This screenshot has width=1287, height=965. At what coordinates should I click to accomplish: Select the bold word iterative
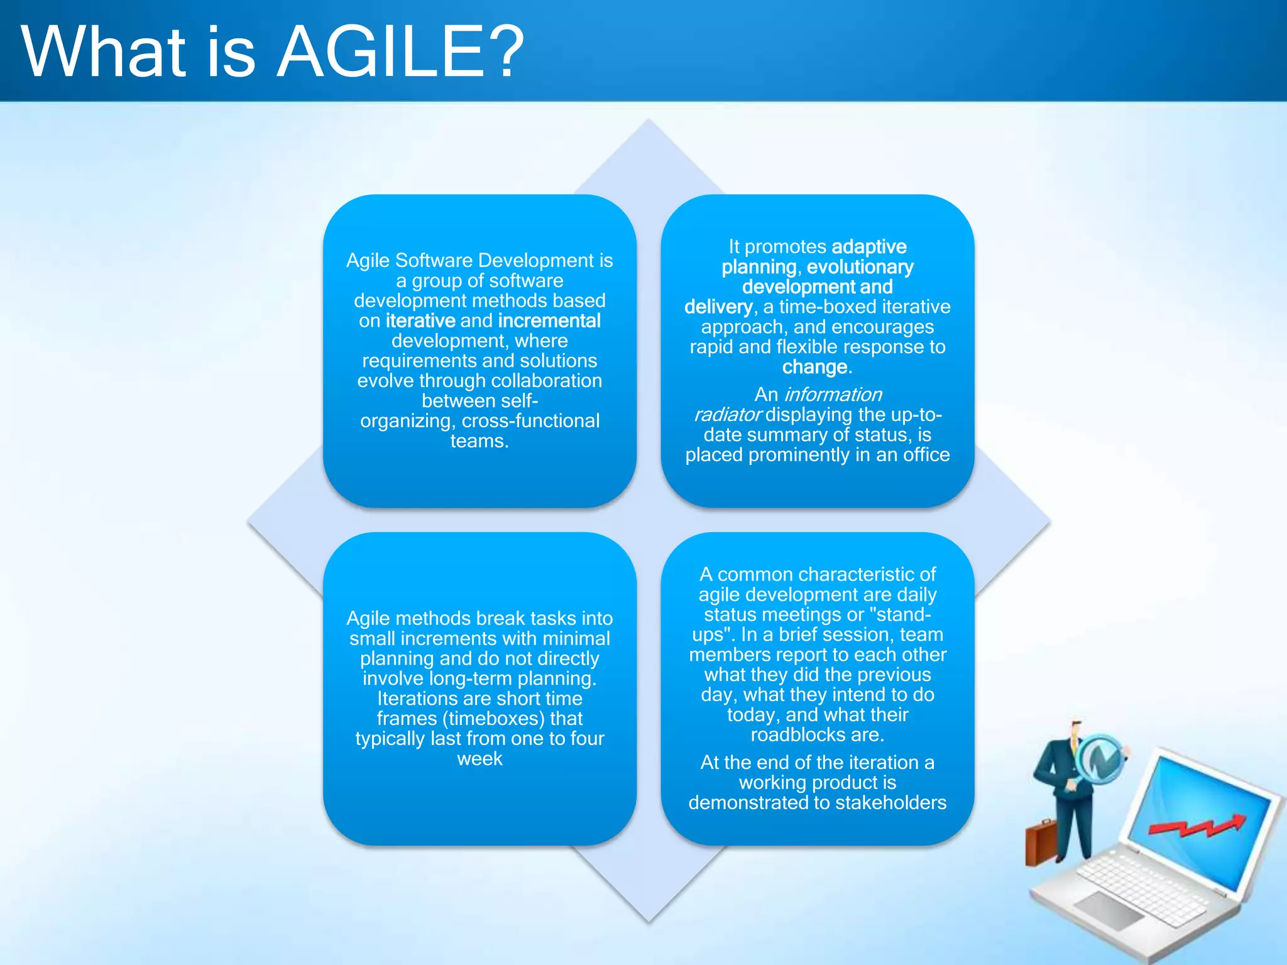point(420,321)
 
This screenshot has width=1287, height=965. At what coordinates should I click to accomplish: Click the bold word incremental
point(549,321)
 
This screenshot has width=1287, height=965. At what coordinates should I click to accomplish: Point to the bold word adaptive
point(868,247)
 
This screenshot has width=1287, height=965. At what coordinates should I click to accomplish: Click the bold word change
point(814,367)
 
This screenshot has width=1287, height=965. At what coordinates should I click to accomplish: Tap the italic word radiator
point(727,415)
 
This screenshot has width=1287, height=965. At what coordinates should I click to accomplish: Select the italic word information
point(833,395)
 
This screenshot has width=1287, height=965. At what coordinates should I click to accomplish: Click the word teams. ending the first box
point(479,441)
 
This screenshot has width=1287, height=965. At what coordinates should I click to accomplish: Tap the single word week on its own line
point(479,759)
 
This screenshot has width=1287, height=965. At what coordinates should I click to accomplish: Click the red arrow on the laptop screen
point(1197,827)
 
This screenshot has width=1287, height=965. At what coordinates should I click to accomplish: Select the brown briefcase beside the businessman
point(1040,842)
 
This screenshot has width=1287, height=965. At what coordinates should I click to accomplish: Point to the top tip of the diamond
point(649,121)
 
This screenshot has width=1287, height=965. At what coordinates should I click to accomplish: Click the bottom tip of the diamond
point(649,921)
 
